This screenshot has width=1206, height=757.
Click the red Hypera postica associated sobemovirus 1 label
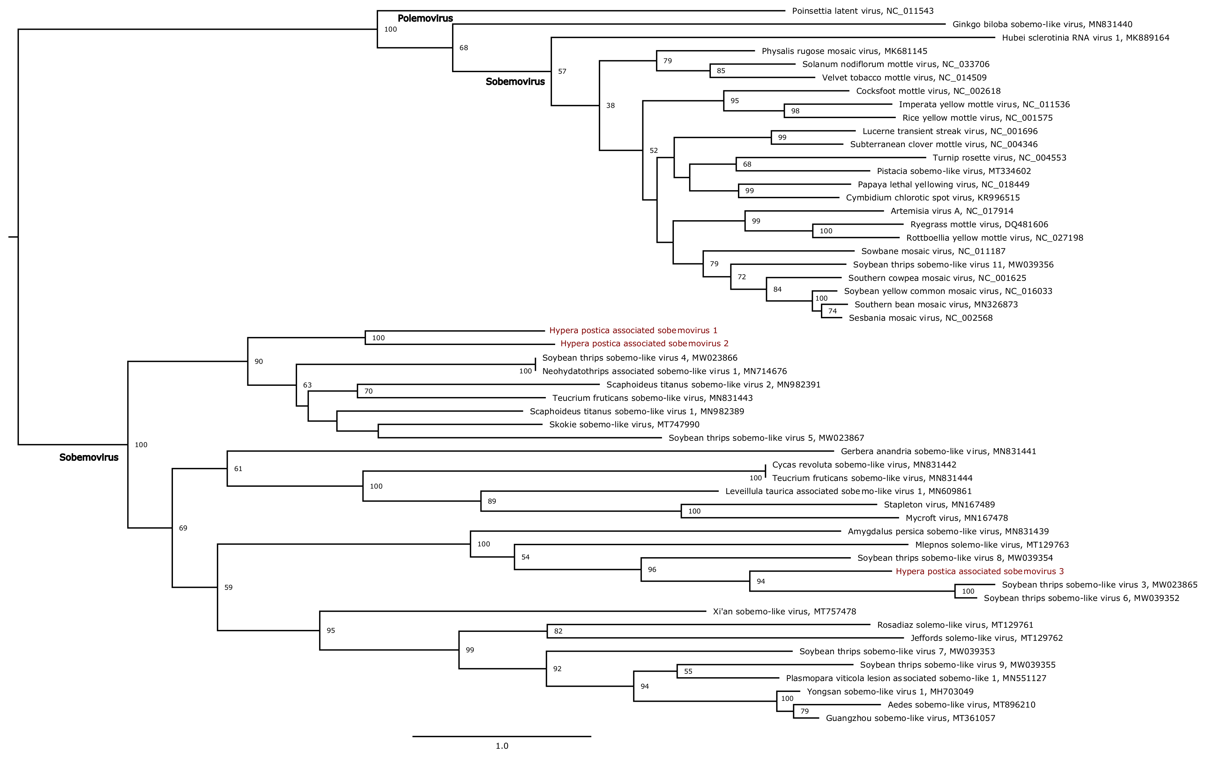[633, 330]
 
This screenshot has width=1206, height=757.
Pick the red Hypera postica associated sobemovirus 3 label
[979, 571]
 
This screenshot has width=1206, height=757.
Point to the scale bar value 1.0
[502, 746]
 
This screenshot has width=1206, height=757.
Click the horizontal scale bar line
[502, 736]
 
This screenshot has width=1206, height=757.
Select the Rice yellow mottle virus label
[977, 118]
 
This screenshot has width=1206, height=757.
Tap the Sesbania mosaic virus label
[920, 318]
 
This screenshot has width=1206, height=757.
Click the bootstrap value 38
[611, 106]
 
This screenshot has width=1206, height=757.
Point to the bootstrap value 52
[653, 151]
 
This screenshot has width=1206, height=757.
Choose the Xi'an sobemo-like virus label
[784, 611]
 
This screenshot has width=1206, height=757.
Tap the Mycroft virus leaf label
[956, 518]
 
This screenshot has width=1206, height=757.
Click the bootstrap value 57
[562, 71]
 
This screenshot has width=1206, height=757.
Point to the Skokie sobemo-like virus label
[624, 424]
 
